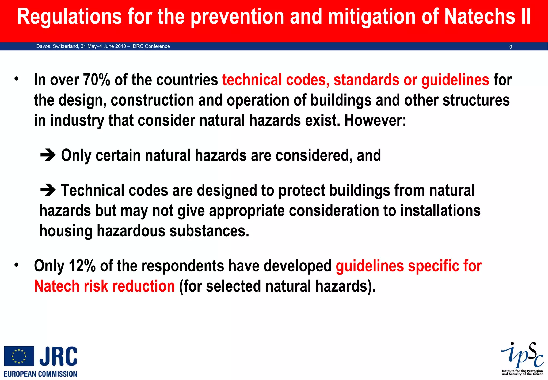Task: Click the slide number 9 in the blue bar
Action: coord(511,47)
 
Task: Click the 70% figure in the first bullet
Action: coord(96,80)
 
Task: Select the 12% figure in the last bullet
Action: coord(82,266)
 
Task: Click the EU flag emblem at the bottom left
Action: coord(19,356)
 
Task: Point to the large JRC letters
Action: coord(59,356)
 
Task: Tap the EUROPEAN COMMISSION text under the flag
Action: coord(41,374)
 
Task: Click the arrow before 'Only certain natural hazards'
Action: coord(48,155)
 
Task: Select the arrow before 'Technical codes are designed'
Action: coord(48,190)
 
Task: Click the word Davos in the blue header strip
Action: coord(43,46)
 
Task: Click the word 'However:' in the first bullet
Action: coord(375,120)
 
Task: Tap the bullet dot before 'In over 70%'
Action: coord(16,79)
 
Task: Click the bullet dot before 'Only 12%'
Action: coord(16,265)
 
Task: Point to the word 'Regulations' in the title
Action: coord(69,17)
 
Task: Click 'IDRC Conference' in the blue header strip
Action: coord(151,46)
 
